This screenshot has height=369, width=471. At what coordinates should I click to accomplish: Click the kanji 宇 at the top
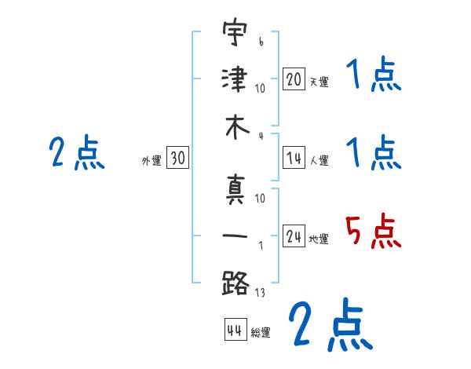(x=235, y=35)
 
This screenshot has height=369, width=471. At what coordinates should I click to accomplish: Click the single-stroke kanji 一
(x=235, y=235)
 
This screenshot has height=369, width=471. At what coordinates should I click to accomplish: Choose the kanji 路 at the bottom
(x=235, y=282)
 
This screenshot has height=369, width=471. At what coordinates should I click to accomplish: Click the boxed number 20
(x=294, y=80)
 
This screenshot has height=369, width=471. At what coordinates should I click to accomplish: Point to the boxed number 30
(x=178, y=159)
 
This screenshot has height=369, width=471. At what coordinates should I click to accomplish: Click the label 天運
(x=319, y=82)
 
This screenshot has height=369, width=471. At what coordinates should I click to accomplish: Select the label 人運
(x=319, y=161)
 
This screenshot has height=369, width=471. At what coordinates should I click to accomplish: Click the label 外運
(x=152, y=161)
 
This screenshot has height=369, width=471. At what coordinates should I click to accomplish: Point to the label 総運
(x=261, y=332)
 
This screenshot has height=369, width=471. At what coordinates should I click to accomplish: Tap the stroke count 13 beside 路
(x=260, y=294)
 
